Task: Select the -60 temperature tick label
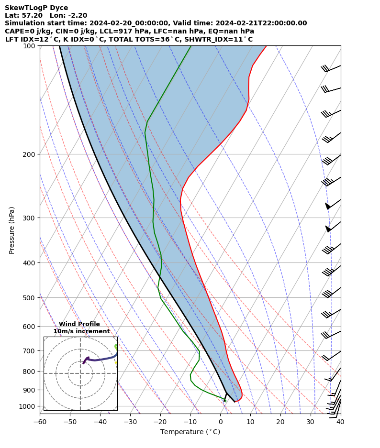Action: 40,422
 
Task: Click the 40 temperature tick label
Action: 340,422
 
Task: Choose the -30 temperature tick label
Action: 130,422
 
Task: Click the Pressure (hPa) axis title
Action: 12,230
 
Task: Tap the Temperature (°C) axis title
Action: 190,432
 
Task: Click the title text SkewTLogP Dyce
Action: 36,8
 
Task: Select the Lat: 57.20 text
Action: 24,15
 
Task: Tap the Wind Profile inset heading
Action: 79,324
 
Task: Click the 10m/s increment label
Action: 81,331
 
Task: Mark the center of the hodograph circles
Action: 80,373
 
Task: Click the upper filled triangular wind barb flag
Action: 327,206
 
